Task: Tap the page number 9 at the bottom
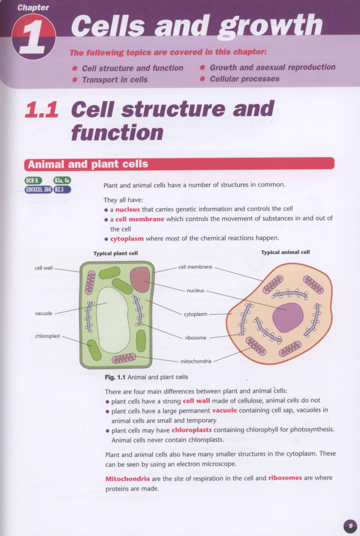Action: click(x=350, y=526)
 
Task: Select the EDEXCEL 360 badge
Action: click(x=38, y=189)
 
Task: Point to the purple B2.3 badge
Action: click(x=62, y=189)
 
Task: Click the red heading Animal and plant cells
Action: click(x=88, y=164)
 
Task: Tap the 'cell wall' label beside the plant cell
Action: click(x=44, y=268)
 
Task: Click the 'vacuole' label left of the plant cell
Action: click(x=43, y=313)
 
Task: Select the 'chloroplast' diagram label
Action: click(x=47, y=336)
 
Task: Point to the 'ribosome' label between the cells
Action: click(x=196, y=338)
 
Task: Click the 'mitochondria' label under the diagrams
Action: click(x=196, y=361)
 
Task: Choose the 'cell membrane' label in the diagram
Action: click(x=196, y=267)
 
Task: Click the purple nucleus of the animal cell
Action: click(x=287, y=317)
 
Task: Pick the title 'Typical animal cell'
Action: click(x=285, y=252)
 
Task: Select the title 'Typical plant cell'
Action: click(x=115, y=254)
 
